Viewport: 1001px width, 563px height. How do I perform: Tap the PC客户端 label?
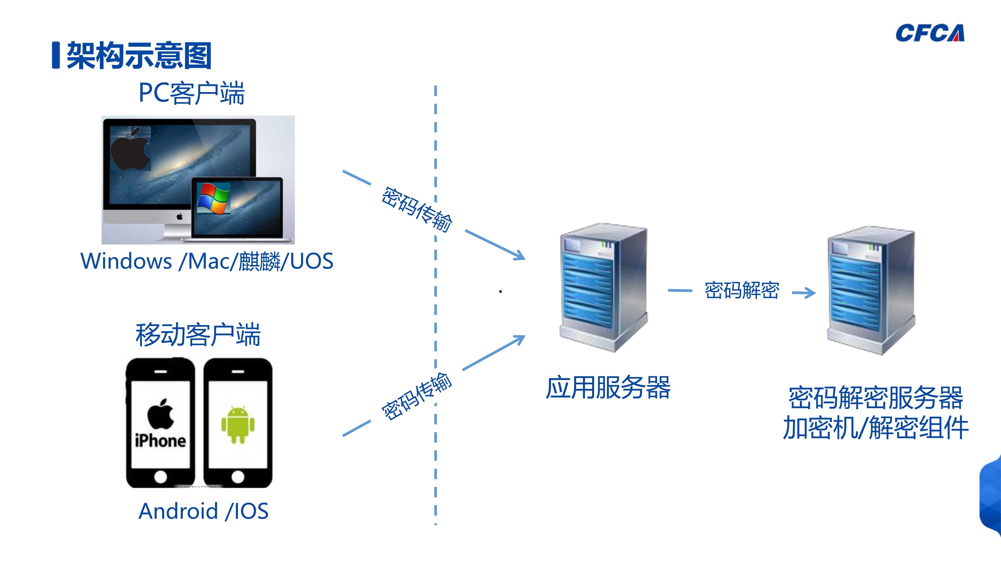[x=192, y=93]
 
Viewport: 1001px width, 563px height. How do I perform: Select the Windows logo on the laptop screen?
[x=213, y=198]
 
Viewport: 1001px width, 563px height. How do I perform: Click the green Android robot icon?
[x=238, y=424]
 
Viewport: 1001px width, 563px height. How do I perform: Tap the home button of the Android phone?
[x=238, y=476]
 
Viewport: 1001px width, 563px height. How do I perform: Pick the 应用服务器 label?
[x=608, y=387]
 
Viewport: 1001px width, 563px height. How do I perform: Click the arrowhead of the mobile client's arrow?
[x=520, y=339]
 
